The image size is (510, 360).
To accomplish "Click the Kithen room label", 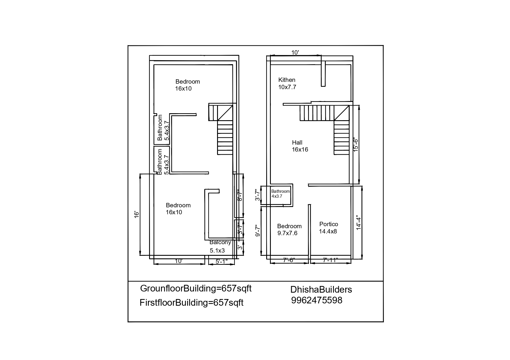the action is point(287,80).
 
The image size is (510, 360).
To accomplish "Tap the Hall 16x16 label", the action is point(300,146).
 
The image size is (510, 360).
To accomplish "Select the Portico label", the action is point(329,224).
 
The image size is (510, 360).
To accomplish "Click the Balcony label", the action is point(220,242).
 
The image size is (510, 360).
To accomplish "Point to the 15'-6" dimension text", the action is point(356,144).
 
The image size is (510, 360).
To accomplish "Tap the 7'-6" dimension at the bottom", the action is point(289,260).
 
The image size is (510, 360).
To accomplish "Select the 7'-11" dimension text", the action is point(330,260).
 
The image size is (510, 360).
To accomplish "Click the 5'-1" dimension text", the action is point(221,262).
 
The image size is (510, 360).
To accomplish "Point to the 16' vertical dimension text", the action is point(137,215).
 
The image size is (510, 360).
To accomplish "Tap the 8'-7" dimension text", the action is point(239,195).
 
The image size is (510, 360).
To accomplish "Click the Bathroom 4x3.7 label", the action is point(280,194).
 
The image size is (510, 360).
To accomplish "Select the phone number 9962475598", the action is point(317,300).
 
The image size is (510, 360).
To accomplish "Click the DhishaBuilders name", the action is point(321,289).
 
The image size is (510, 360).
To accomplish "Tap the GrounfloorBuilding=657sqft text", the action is point(196,289).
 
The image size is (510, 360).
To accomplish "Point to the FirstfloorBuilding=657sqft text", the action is point(192,303).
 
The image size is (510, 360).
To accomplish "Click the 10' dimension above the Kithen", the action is point(295,53).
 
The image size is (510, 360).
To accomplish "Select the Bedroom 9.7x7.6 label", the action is point(289,230).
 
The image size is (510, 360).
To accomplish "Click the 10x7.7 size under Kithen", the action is point(287,87).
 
